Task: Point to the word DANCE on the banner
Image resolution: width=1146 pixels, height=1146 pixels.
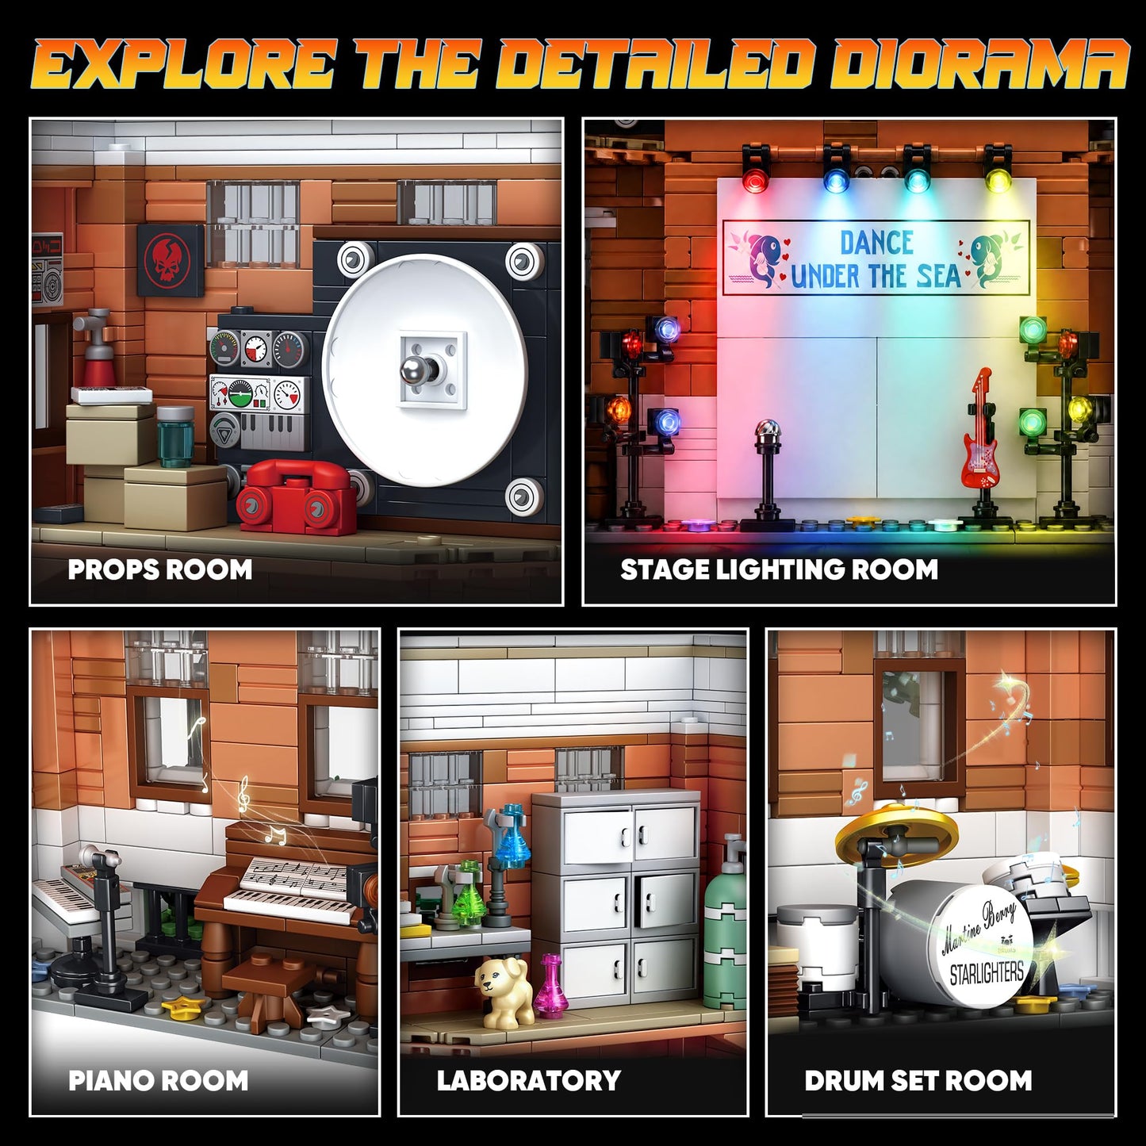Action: (876, 242)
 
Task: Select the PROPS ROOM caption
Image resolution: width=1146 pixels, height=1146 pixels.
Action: (159, 569)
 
